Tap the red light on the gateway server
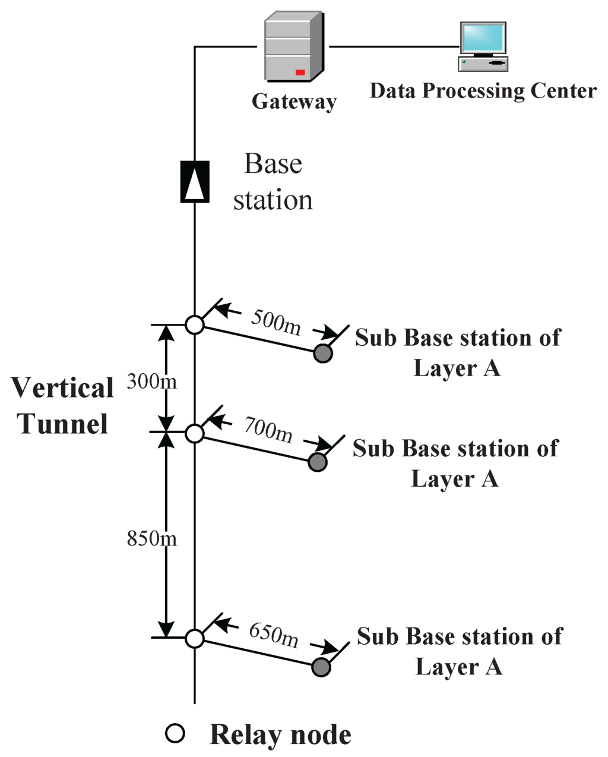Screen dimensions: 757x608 (300, 72)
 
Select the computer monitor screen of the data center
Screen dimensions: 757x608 (483, 38)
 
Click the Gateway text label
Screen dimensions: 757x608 (294, 102)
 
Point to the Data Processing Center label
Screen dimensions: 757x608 (483, 91)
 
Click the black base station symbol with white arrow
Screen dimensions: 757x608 (195, 181)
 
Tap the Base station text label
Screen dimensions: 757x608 (273, 182)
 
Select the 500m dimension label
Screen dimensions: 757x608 (275, 321)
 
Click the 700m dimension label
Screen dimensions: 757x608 (268, 429)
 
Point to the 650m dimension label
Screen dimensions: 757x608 (274, 634)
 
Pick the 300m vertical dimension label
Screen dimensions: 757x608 (152, 381)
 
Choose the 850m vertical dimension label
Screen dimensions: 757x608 (152, 538)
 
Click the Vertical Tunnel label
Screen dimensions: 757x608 (63, 406)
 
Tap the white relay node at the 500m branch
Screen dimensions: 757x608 (195, 325)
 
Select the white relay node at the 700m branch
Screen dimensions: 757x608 (195, 433)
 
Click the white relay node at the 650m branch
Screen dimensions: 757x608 (195, 639)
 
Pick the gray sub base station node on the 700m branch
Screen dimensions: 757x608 (318, 462)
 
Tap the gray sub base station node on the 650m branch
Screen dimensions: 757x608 (321, 667)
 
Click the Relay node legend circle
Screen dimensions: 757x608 (175, 734)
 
